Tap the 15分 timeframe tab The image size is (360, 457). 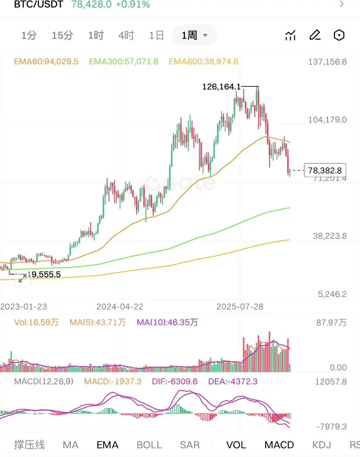click(x=62, y=36)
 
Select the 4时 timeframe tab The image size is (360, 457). click(x=126, y=36)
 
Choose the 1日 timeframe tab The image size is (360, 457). click(x=157, y=36)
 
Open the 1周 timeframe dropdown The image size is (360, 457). click(x=194, y=36)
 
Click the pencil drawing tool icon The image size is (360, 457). click(x=315, y=36)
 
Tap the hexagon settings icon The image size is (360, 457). click(x=339, y=36)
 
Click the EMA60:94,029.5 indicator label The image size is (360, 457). click(x=46, y=62)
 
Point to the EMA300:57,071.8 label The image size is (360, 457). click(x=123, y=62)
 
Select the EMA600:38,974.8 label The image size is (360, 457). click(x=203, y=62)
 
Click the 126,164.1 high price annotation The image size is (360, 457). click(x=221, y=87)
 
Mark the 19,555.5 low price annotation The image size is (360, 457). click(x=44, y=275)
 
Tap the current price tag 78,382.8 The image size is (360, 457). click(x=325, y=170)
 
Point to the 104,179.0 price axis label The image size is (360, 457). click(x=327, y=120)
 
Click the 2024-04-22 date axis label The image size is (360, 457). click(x=120, y=306)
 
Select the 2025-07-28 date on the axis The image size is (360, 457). click(x=240, y=306)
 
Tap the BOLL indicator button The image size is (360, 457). click(x=149, y=445)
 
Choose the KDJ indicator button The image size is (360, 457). click(x=322, y=445)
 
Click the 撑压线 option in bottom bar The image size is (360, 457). click(x=30, y=445)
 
